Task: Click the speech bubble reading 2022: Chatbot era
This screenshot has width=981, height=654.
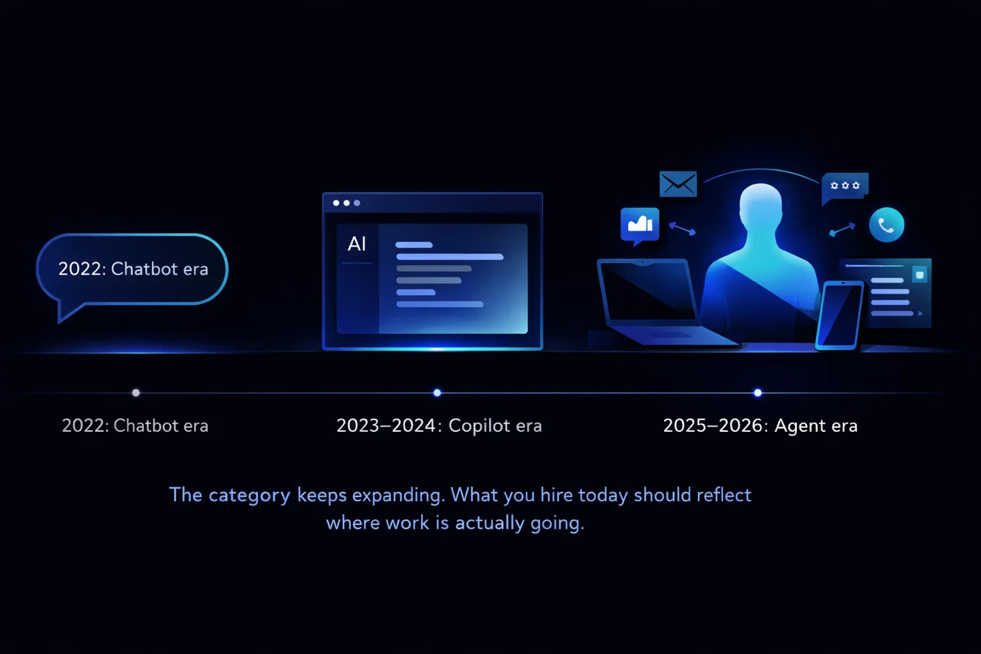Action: (132, 269)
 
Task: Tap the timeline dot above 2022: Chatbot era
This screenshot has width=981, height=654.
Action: (136, 392)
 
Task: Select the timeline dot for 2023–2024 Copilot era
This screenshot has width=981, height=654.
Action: (437, 392)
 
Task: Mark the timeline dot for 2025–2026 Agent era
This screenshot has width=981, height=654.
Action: (758, 392)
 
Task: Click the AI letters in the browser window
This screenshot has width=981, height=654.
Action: (357, 244)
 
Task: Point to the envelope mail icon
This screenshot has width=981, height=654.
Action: (678, 183)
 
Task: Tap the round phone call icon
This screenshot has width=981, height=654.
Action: (886, 225)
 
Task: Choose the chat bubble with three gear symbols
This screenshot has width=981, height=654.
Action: (845, 185)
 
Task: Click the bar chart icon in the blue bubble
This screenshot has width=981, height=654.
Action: (640, 223)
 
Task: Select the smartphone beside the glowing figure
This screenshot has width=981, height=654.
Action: (839, 314)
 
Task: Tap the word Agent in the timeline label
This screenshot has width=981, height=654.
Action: (800, 426)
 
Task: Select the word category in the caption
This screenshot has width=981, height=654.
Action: (249, 495)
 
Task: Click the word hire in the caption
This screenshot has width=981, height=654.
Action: (557, 495)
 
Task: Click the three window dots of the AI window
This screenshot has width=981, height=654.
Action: (346, 203)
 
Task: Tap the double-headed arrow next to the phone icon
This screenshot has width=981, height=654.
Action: (842, 230)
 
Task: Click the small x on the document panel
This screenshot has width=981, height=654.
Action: (920, 313)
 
